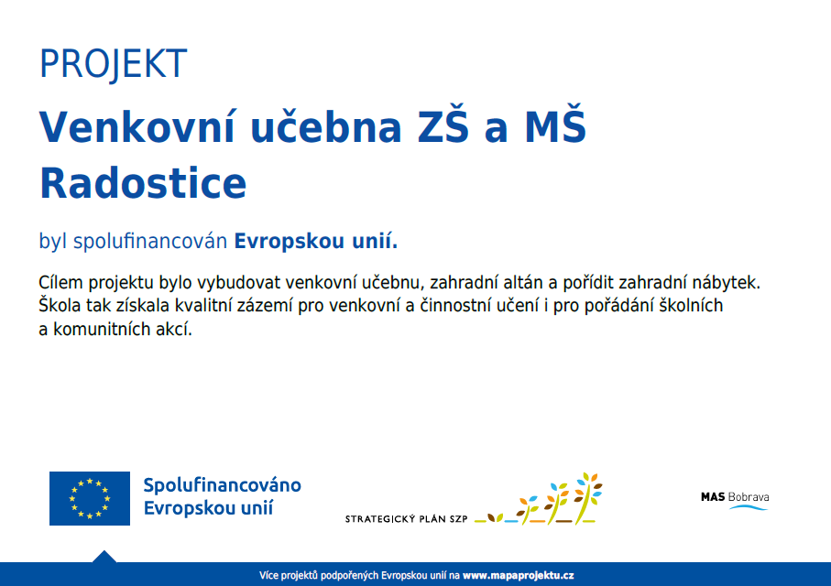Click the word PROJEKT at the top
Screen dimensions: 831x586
(x=113, y=63)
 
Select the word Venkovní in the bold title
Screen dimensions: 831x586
(x=137, y=126)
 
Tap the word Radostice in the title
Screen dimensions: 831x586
(x=143, y=183)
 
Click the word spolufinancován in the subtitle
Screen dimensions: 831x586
(x=150, y=242)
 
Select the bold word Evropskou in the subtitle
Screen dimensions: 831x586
(x=290, y=242)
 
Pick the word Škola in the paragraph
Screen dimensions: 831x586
(x=60, y=305)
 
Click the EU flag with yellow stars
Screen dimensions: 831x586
(x=90, y=499)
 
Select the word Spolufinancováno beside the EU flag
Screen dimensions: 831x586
(x=222, y=485)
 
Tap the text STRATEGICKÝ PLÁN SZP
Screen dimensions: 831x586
(x=407, y=519)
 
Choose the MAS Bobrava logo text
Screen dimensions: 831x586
(x=735, y=497)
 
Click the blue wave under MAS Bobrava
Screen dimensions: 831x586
(x=749, y=507)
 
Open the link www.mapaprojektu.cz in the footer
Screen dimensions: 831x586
(x=519, y=575)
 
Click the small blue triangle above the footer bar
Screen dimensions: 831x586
(x=104, y=557)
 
